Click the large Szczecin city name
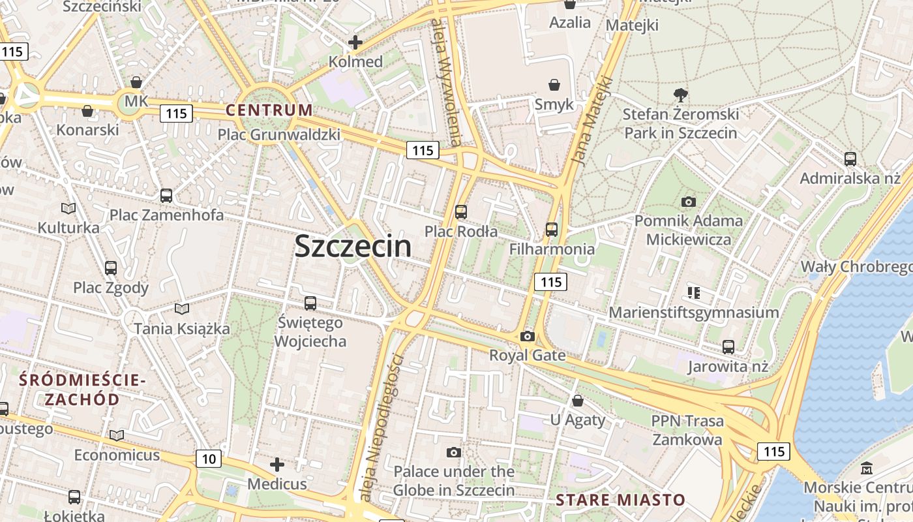click(x=353, y=246)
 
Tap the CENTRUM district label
click(x=269, y=110)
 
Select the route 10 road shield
click(x=209, y=459)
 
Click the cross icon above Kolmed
click(x=355, y=43)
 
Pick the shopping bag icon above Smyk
click(x=554, y=85)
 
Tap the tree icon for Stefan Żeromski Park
click(x=681, y=95)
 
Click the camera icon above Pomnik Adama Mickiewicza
click(x=688, y=202)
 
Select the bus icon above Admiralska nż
click(x=850, y=159)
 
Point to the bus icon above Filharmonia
click(x=552, y=229)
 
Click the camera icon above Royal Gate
click(x=528, y=336)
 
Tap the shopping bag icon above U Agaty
click(x=578, y=400)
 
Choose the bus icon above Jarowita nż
click(x=728, y=346)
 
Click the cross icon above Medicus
click(x=277, y=465)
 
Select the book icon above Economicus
click(x=117, y=435)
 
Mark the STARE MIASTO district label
click(x=620, y=500)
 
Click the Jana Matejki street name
click(x=592, y=121)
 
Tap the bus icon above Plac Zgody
click(x=111, y=268)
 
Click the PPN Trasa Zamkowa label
click(x=687, y=430)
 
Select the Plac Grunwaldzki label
click(x=279, y=134)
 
